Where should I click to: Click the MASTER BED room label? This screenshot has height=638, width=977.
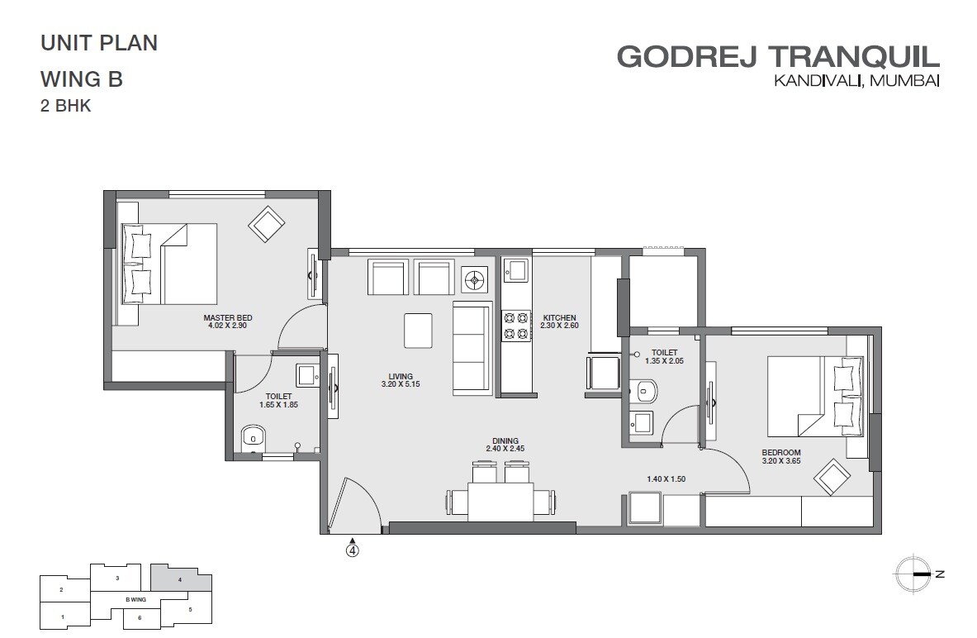(x=228, y=318)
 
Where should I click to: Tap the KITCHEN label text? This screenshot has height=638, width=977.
(x=559, y=318)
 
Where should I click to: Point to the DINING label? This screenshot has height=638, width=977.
(x=505, y=440)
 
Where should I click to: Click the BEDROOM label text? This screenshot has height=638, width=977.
(x=781, y=452)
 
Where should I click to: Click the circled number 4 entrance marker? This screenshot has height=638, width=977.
(x=353, y=549)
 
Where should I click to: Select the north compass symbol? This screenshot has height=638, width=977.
(x=916, y=573)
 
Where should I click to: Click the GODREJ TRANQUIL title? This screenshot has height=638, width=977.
(x=778, y=57)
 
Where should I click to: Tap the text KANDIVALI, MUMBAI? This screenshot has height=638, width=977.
(x=856, y=81)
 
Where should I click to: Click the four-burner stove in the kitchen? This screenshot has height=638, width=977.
(x=516, y=325)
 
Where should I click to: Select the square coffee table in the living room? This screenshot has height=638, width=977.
(x=418, y=331)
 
